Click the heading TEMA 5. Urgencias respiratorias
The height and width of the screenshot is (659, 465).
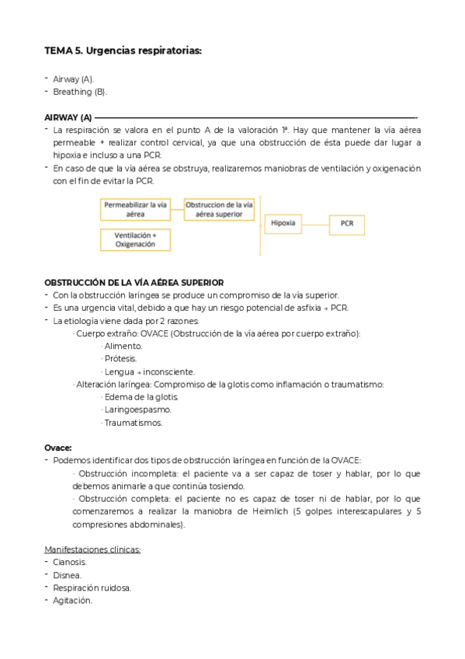click(123, 51)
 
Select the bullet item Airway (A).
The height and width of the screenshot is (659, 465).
click(73, 79)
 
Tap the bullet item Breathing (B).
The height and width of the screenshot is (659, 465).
click(79, 92)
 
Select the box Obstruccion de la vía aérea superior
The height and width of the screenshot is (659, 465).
click(219, 208)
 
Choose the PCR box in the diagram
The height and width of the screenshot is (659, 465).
click(346, 224)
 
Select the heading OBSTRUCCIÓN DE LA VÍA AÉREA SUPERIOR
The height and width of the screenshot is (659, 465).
click(134, 282)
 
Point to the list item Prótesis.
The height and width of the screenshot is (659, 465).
click(120, 358)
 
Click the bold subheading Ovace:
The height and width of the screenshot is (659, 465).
click(58, 448)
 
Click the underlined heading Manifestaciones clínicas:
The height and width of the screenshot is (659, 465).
click(92, 549)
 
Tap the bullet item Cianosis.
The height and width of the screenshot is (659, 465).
click(70, 562)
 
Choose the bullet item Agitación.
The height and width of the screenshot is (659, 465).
click(72, 600)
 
